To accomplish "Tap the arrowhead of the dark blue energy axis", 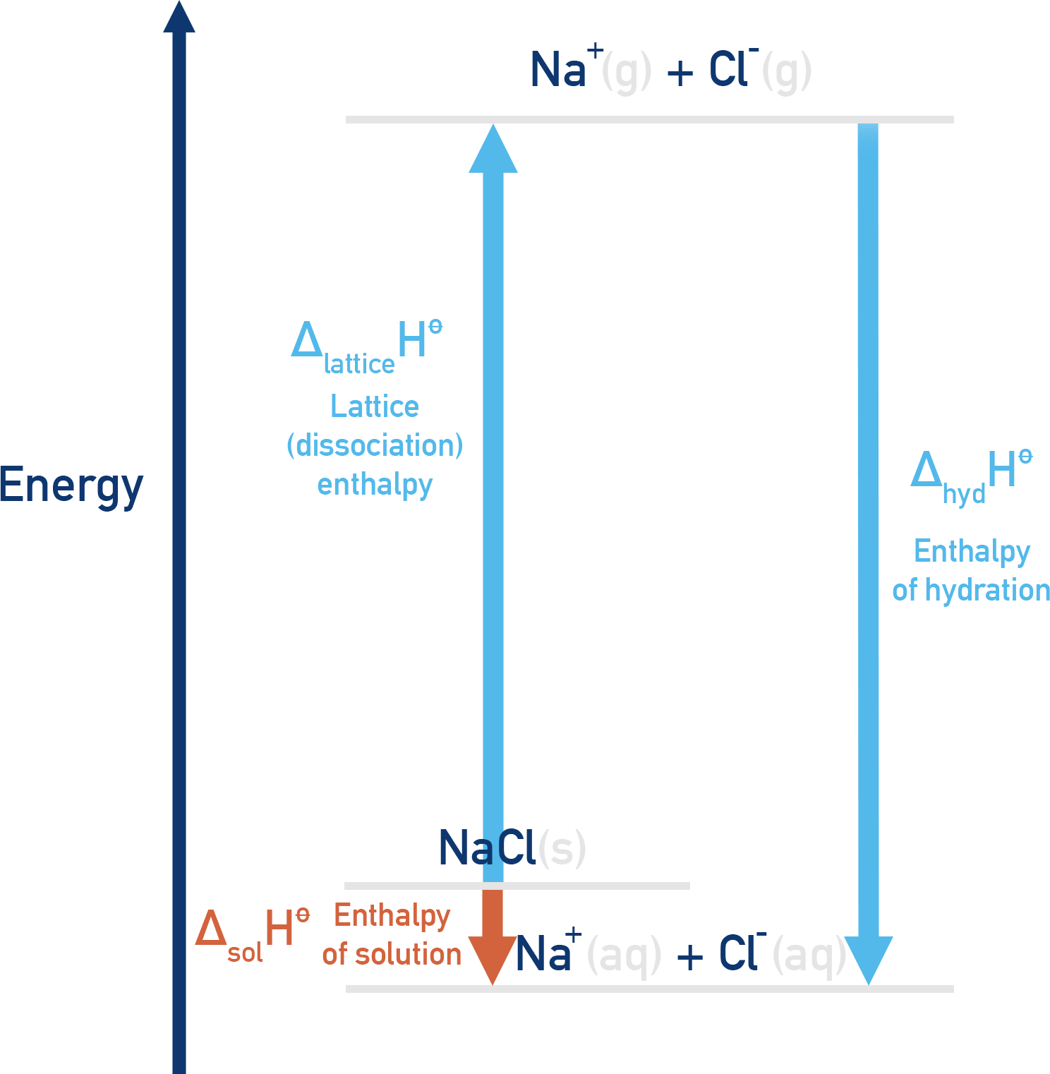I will pos(179,17).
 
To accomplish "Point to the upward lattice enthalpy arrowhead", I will pos(493,150).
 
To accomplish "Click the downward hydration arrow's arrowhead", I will pos(869,959).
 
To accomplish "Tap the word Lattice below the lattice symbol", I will pos(375,406).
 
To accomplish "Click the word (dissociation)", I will pos(375,445).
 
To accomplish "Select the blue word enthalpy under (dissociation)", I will pos(375,485).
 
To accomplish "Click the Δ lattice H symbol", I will pos(366,346).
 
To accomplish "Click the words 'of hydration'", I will pos(971,590).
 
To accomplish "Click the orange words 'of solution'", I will pos(392,954).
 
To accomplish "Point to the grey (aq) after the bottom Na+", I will pos(624,955).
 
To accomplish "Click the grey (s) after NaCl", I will pos(562,847).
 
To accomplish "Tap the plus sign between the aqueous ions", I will pos(689,957).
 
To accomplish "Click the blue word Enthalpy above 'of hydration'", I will pos(972,551).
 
